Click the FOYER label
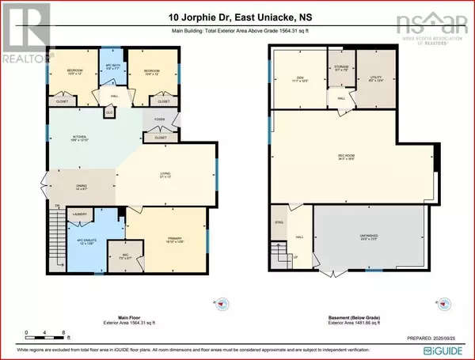coord(158,121)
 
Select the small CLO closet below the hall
coord(109,112)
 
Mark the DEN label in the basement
coord(298,78)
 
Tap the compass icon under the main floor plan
coord(222,304)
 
